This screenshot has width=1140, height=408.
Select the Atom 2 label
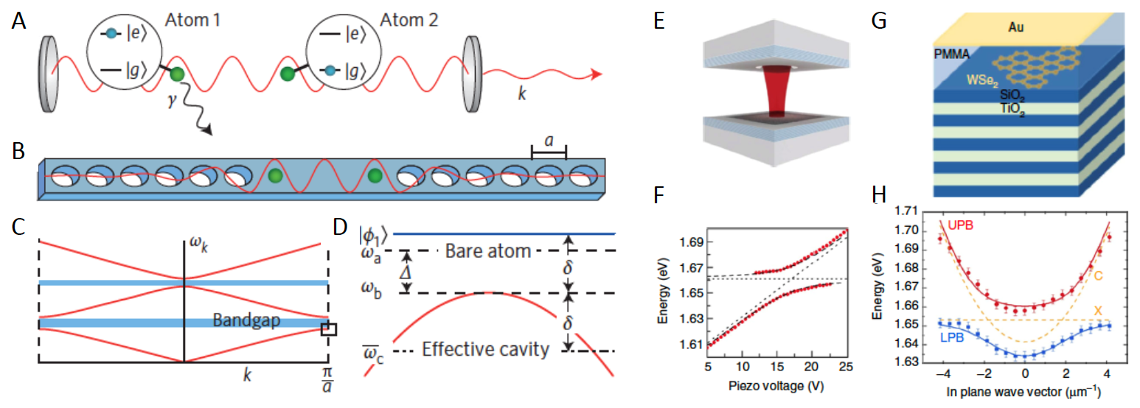pos(409,20)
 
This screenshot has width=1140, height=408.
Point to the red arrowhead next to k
pos(597,74)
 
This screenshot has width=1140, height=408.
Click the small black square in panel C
pos(329,329)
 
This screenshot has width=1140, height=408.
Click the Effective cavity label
pos(486,349)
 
